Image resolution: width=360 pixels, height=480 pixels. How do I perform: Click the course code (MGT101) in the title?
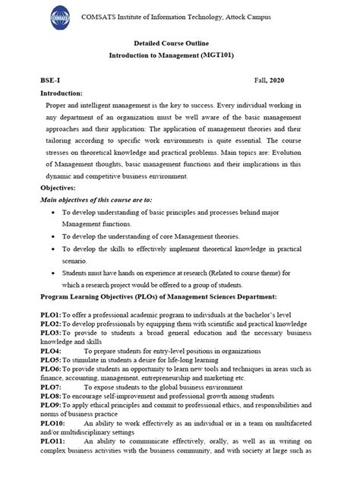pos(234,55)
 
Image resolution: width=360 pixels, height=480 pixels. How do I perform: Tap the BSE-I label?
pos(51,80)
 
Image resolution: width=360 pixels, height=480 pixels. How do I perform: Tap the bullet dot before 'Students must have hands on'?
pos(50,273)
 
